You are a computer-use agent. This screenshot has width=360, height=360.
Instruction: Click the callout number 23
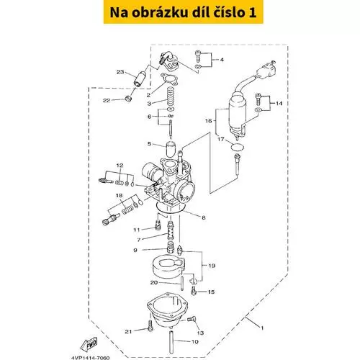(x=120, y=72)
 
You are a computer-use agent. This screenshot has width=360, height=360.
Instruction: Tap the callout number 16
(x=209, y=121)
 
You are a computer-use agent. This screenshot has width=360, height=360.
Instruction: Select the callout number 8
(x=204, y=217)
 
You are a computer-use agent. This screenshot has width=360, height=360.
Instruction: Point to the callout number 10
(x=195, y=341)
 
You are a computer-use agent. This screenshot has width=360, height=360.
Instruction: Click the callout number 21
(x=128, y=331)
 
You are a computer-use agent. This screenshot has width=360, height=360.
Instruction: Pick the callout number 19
(x=212, y=266)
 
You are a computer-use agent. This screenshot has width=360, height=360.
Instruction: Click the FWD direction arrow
(x=89, y=344)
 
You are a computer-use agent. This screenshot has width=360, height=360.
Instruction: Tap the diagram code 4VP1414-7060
(x=90, y=358)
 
